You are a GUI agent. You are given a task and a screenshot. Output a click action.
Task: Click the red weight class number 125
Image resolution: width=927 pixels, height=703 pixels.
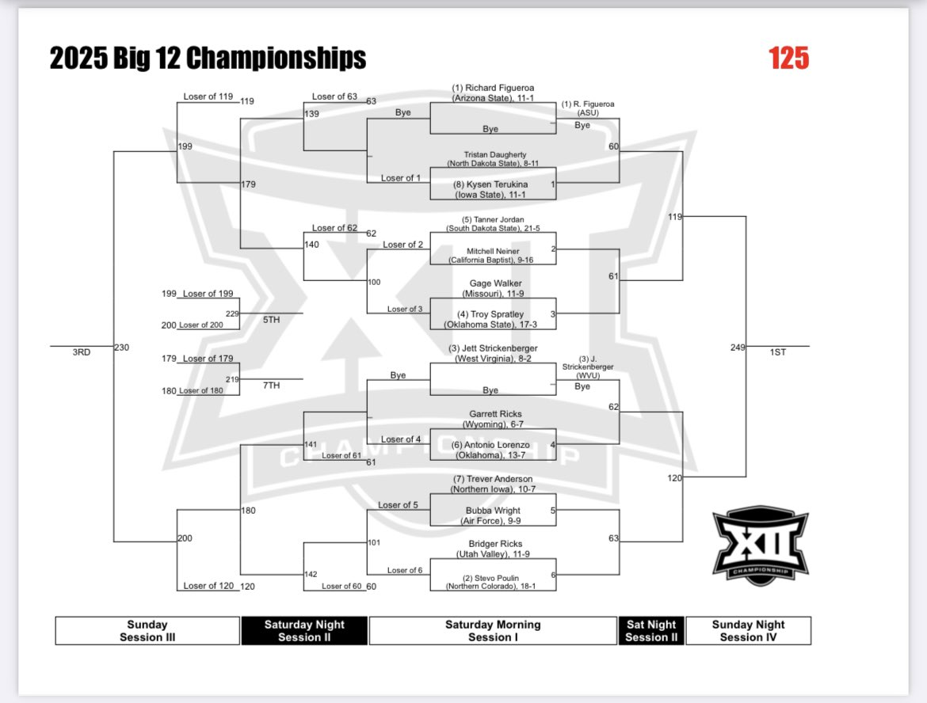pyautogui.click(x=788, y=58)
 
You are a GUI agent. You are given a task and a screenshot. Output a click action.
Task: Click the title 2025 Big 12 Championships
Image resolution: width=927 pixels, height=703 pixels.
pyautogui.click(x=208, y=58)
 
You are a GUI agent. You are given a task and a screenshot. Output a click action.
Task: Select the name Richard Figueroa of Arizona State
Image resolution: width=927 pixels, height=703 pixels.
pyautogui.click(x=493, y=93)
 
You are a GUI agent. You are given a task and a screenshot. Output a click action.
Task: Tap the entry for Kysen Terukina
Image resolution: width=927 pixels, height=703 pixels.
pyautogui.click(x=490, y=189)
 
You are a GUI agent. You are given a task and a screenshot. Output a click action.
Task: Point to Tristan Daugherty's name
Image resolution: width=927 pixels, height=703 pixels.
pyautogui.click(x=493, y=159)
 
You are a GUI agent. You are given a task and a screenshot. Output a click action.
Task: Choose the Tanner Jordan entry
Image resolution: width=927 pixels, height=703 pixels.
pyautogui.click(x=493, y=224)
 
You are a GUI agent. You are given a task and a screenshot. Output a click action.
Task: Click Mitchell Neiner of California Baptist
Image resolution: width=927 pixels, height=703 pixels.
pyautogui.click(x=490, y=255)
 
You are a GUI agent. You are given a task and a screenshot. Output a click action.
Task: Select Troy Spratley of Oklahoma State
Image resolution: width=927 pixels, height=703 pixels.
pyautogui.click(x=490, y=319)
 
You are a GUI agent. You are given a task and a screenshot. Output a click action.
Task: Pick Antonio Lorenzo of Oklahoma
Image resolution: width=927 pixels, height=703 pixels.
pyautogui.click(x=490, y=450)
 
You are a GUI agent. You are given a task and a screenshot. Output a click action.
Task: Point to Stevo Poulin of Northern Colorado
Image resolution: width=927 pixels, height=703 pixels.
pyautogui.click(x=490, y=582)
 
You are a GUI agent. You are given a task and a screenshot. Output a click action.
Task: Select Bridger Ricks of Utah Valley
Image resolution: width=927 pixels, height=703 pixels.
pyautogui.click(x=493, y=549)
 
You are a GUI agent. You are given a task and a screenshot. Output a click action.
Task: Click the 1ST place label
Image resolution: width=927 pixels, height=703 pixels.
pyautogui.click(x=778, y=352)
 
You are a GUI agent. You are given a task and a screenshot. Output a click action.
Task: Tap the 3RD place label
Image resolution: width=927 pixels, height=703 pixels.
pyautogui.click(x=82, y=352)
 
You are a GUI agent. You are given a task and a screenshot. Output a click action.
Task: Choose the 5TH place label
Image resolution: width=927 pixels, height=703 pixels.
pyautogui.click(x=271, y=320)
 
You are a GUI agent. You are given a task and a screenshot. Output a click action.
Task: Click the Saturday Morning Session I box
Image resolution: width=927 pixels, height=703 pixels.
pyautogui.click(x=493, y=630)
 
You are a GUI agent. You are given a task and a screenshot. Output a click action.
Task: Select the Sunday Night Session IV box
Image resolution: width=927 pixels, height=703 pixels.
pyautogui.click(x=749, y=630)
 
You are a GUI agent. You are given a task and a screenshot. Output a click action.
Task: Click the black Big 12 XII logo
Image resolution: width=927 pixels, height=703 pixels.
pyautogui.click(x=761, y=545)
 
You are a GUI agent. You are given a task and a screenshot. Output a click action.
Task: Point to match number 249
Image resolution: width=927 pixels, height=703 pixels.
pyautogui.click(x=738, y=348)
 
